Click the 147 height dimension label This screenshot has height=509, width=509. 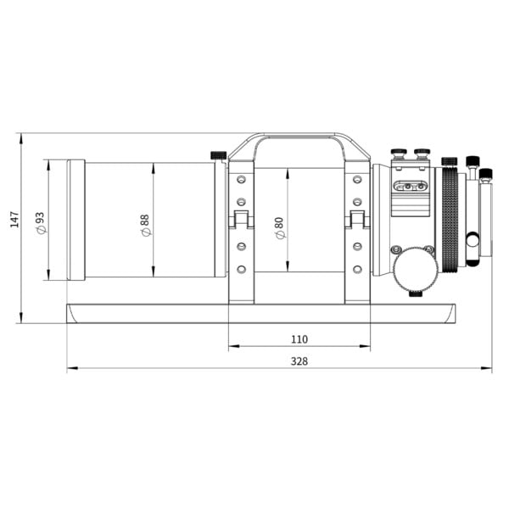click(x=13, y=220)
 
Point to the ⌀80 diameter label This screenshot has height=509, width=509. click(x=279, y=227)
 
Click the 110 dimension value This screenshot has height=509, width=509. click(x=299, y=338)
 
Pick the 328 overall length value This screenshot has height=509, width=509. click(x=299, y=361)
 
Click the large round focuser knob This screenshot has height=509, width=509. click(x=415, y=267)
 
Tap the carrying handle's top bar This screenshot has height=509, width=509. click(x=299, y=137)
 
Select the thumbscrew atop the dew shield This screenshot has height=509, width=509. click(x=218, y=155)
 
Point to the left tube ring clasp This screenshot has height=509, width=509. click(x=241, y=221)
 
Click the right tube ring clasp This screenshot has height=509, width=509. click(x=357, y=221)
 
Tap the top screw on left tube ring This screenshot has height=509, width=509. click(x=241, y=180)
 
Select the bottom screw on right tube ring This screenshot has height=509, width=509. click(x=357, y=269)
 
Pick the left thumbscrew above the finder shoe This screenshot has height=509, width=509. click(x=398, y=154)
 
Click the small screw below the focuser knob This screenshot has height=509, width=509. click(x=416, y=293)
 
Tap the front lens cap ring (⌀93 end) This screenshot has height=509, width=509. click(x=76, y=220)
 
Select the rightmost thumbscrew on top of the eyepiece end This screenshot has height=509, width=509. click(x=486, y=175)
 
